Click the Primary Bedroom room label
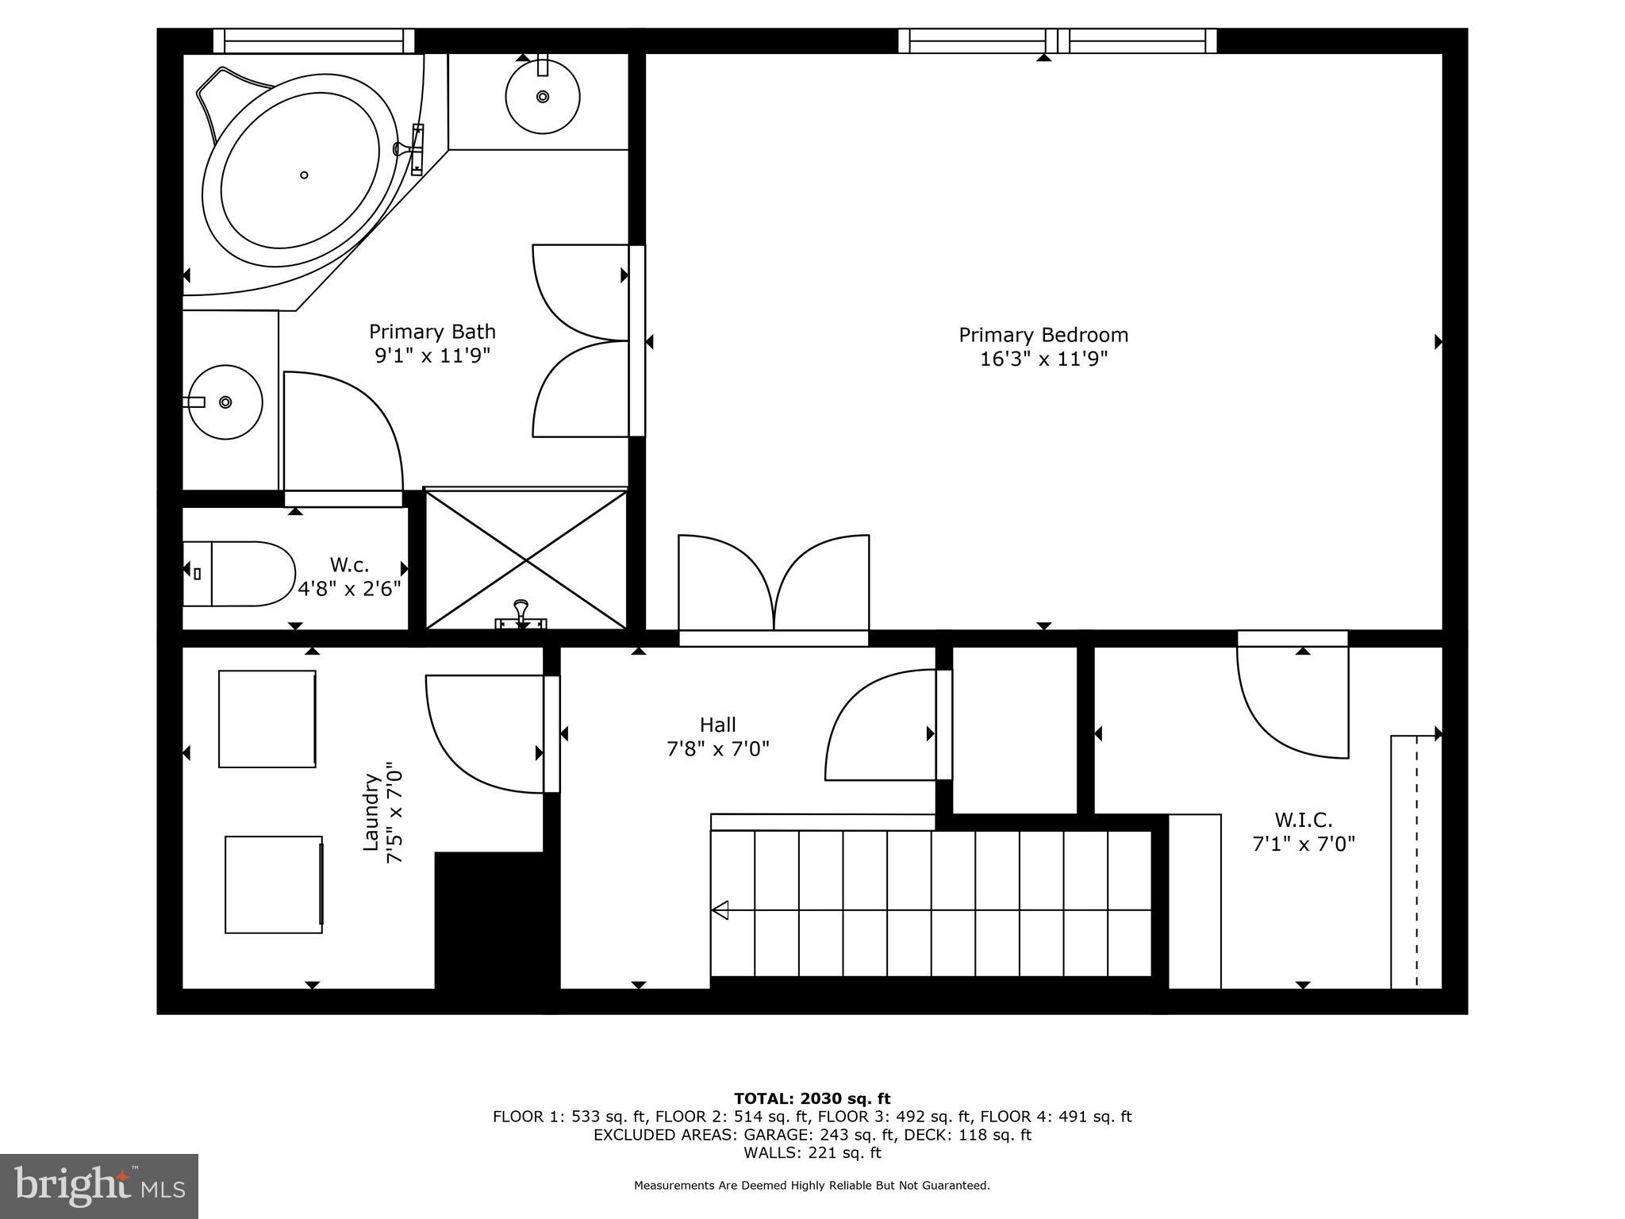click(x=1043, y=335)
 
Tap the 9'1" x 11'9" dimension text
click(x=432, y=355)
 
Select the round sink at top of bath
click(x=543, y=97)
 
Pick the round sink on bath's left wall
click(x=225, y=402)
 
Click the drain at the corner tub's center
click(x=304, y=175)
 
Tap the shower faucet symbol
click(x=521, y=616)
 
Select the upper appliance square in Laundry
click(x=267, y=719)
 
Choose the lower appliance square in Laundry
click(x=274, y=884)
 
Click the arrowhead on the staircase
click(x=720, y=909)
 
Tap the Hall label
click(x=717, y=725)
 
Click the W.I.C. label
click(x=1303, y=819)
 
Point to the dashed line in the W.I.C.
click(x=1416, y=861)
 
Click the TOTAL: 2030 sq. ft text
click(x=812, y=1098)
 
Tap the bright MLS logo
click(x=99, y=1186)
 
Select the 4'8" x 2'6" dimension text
click(x=349, y=588)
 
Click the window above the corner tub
click(x=313, y=40)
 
